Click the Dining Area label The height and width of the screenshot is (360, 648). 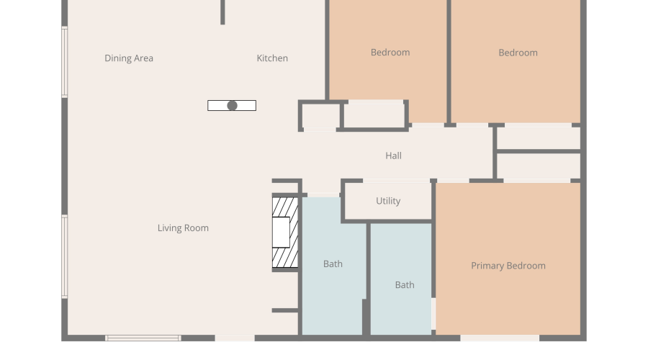pyautogui.click(x=129, y=58)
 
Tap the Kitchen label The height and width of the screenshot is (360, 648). pyautogui.click(x=272, y=58)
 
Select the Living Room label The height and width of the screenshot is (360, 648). pyautogui.click(x=183, y=228)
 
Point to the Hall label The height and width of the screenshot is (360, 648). pyautogui.click(x=393, y=156)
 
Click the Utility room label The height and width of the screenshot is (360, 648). pyautogui.click(x=388, y=201)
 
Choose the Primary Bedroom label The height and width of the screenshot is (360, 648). pyautogui.click(x=508, y=266)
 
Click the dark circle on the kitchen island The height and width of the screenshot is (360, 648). pyautogui.click(x=233, y=106)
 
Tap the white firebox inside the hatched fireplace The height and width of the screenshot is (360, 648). pyautogui.click(x=281, y=233)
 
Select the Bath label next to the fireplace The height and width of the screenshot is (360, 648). pyautogui.click(x=333, y=264)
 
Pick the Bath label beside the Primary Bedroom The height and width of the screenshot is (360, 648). pyautogui.click(x=405, y=285)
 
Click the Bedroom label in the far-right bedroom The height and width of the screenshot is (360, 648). pyautogui.click(x=518, y=53)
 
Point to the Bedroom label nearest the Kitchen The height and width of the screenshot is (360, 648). pyautogui.click(x=390, y=53)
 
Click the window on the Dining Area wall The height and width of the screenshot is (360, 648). pyautogui.click(x=65, y=62)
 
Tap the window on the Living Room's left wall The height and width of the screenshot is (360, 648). pyautogui.click(x=65, y=256)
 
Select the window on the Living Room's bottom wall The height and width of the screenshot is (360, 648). pyautogui.click(x=143, y=338)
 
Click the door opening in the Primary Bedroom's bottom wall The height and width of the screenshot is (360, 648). pyautogui.click(x=500, y=338)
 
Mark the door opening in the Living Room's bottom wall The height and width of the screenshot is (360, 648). pyautogui.click(x=235, y=338)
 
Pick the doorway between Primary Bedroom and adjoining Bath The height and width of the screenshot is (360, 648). pyautogui.click(x=433, y=314)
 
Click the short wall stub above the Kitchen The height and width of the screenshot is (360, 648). pyautogui.click(x=222, y=12)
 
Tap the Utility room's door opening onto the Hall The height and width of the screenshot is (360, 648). pyautogui.click(x=396, y=181)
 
